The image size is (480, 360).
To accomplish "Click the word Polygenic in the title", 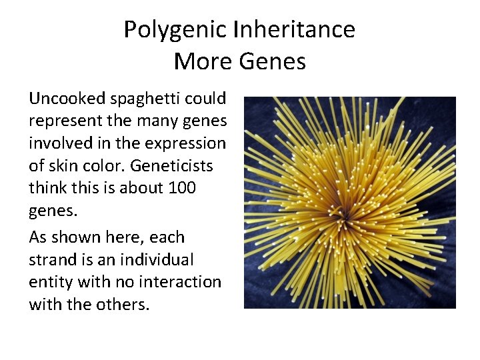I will click(x=175, y=30).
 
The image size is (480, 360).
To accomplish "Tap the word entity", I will click(x=51, y=282).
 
